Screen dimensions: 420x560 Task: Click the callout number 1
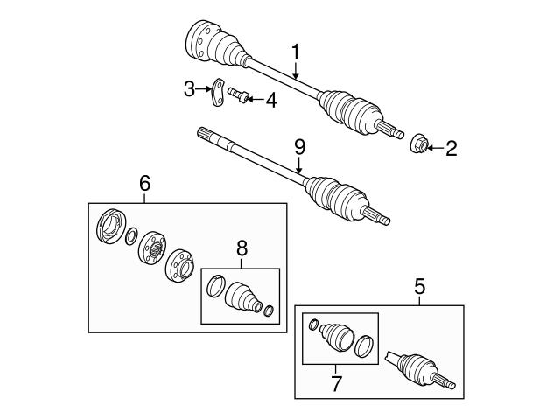pos(296,52)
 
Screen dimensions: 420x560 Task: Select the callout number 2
pos(451,149)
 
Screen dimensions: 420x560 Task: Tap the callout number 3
pos(189,87)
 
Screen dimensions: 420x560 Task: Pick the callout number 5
pos(419,285)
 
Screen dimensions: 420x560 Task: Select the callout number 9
pos(299,148)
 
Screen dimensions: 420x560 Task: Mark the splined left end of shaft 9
pos(208,135)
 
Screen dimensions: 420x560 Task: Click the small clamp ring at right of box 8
pos(268,309)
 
